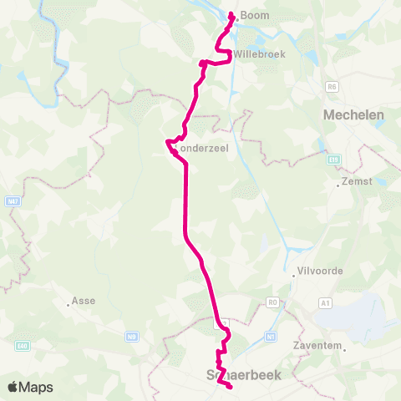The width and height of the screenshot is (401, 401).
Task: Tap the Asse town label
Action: [x=84, y=301]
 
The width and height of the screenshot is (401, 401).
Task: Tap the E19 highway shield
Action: [x=334, y=158]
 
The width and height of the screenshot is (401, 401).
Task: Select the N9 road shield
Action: [x=131, y=337]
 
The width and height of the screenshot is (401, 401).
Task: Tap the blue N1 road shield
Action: [x=270, y=337]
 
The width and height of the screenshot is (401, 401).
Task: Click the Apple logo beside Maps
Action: [x=13, y=387]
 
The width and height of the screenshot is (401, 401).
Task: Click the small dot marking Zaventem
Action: [x=292, y=344]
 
